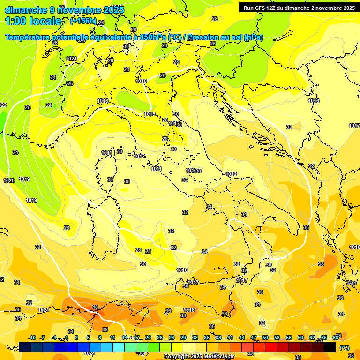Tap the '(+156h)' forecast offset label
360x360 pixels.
click(x=83, y=21)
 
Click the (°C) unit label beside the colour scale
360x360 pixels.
click(x=344, y=347)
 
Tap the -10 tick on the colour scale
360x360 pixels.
click(x=32, y=338)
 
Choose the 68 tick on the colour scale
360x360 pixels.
click(x=336, y=338)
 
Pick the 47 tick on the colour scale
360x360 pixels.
click(x=254, y=338)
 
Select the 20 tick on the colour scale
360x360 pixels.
click(x=148, y=338)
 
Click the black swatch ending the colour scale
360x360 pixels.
click(x=330, y=347)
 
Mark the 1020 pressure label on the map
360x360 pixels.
click(x=9, y=180)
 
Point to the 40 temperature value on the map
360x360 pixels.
click(x=95, y=307)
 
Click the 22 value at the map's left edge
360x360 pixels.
click(x=3, y=105)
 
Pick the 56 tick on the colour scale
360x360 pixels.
click(x=289, y=338)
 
